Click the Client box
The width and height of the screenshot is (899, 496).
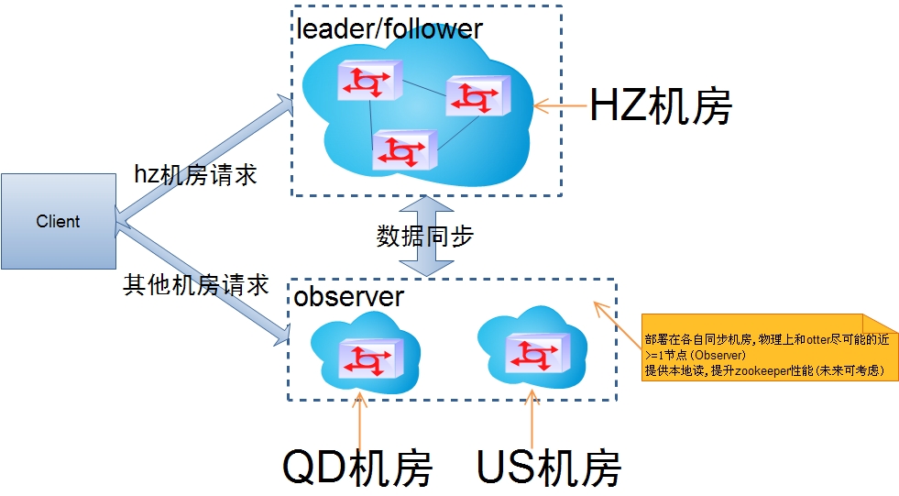tap(59, 222)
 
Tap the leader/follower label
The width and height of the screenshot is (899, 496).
tap(389, 28)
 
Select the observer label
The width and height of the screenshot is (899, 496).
tap(348, 297)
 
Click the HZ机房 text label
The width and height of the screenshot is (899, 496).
tap(660, 106)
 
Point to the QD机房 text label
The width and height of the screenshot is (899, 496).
tap(356, 468)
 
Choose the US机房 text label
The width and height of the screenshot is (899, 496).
tap(549, 468)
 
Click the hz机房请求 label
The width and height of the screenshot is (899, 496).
tap(195, 174)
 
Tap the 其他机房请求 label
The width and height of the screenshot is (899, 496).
tap(196, 285)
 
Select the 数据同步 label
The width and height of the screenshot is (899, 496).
tap(424, 237)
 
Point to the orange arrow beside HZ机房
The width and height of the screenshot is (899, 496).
tap(560, 106)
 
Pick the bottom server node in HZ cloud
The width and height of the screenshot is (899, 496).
tap(404, 149)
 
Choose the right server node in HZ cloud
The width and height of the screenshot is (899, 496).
tap(477, 95)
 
